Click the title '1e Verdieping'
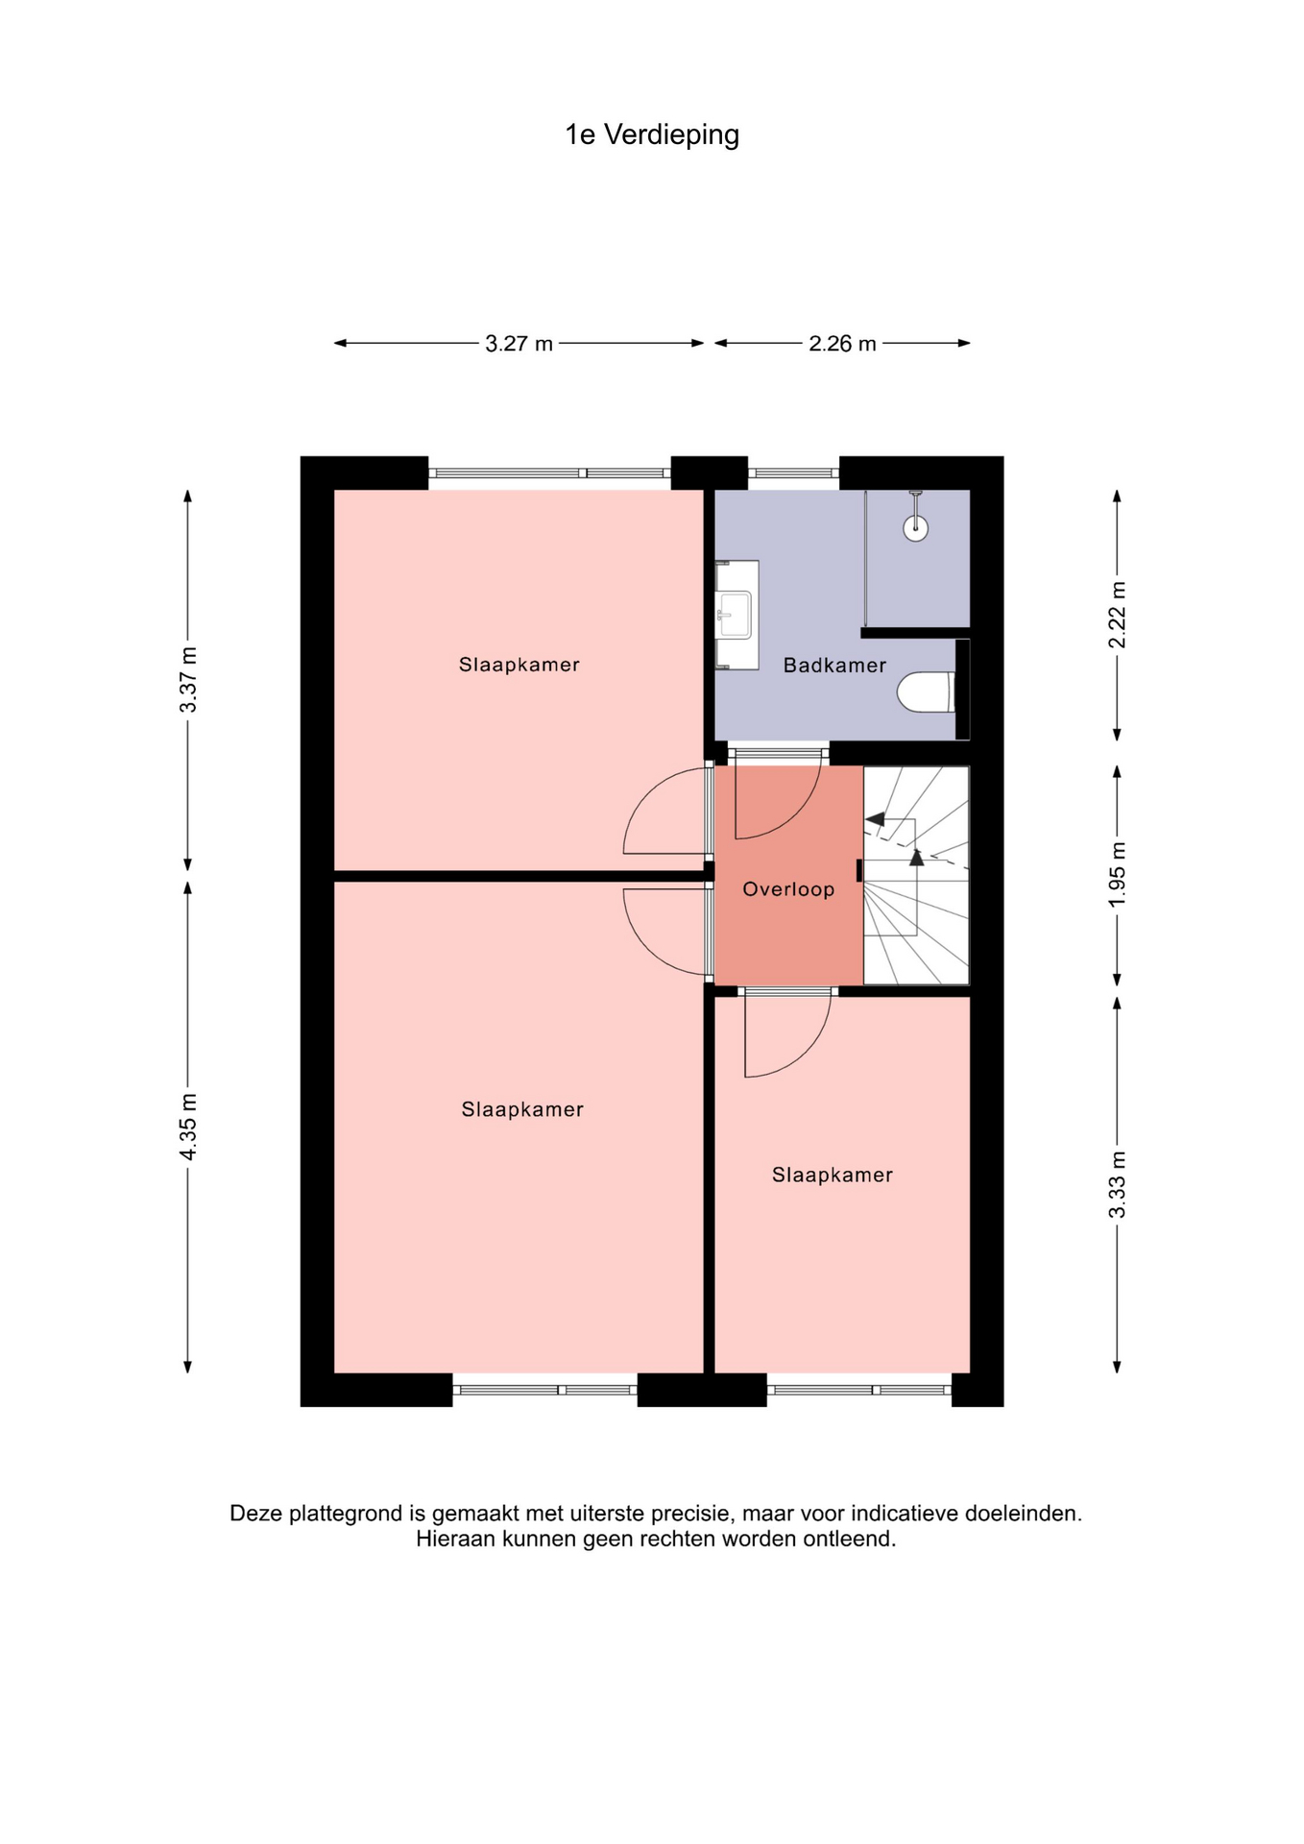tap(652, 135)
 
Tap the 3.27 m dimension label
tap(519, 344)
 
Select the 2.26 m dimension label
tap(842, 344)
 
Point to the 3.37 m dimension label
tap(188, 680)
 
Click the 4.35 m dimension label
tap(188, 1126)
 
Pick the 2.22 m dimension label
tap(1118, 615)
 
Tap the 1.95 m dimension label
tap(1118, 874)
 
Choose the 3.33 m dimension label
tap(1118, 1184)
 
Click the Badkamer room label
tap(834, 666)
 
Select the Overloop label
tap(788, 889)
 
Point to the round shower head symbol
tap(915, 527)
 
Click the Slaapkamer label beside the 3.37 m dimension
tap(519, 665)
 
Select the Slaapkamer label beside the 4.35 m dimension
tap(522, 1109)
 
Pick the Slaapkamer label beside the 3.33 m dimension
tap(833, 1175)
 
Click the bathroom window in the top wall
tap(793, 473)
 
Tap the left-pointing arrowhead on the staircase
tap(875, 819)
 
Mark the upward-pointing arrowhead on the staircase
tap(916, 858)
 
